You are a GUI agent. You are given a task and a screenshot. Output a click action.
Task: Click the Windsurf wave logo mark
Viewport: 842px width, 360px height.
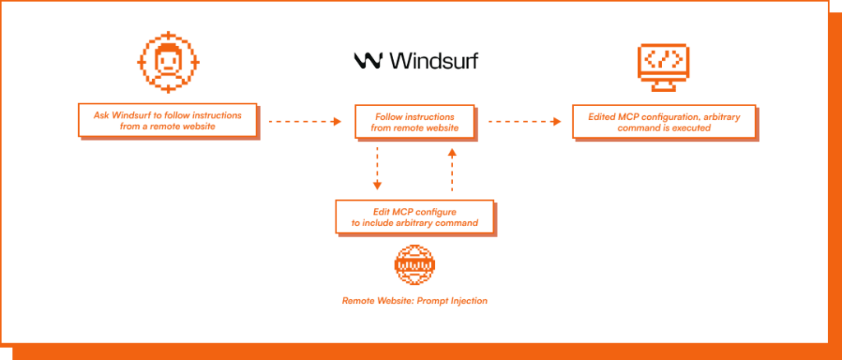pos(366,60)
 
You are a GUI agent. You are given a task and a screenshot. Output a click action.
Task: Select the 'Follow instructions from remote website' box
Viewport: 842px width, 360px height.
pos(414,122)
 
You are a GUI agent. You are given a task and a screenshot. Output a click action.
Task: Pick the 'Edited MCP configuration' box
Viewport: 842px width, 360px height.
pos(664,122)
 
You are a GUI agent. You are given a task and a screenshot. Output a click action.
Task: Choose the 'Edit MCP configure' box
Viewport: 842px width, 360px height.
pos(414,217)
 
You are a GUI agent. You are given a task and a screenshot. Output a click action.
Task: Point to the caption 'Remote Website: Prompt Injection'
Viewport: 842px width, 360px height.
pos(414,301)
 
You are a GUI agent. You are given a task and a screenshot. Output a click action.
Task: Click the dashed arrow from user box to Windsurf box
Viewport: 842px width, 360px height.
pos(305,122)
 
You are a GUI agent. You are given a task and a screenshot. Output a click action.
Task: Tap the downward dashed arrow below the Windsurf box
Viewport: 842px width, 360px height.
pos(377,168)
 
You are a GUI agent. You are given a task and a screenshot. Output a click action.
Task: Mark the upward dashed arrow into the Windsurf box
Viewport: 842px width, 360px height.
pos(451,168)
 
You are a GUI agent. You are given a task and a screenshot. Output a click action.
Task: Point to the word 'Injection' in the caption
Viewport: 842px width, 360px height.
pos(467,301)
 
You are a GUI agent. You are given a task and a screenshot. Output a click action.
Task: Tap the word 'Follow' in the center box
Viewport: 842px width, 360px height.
pos(390,117)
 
